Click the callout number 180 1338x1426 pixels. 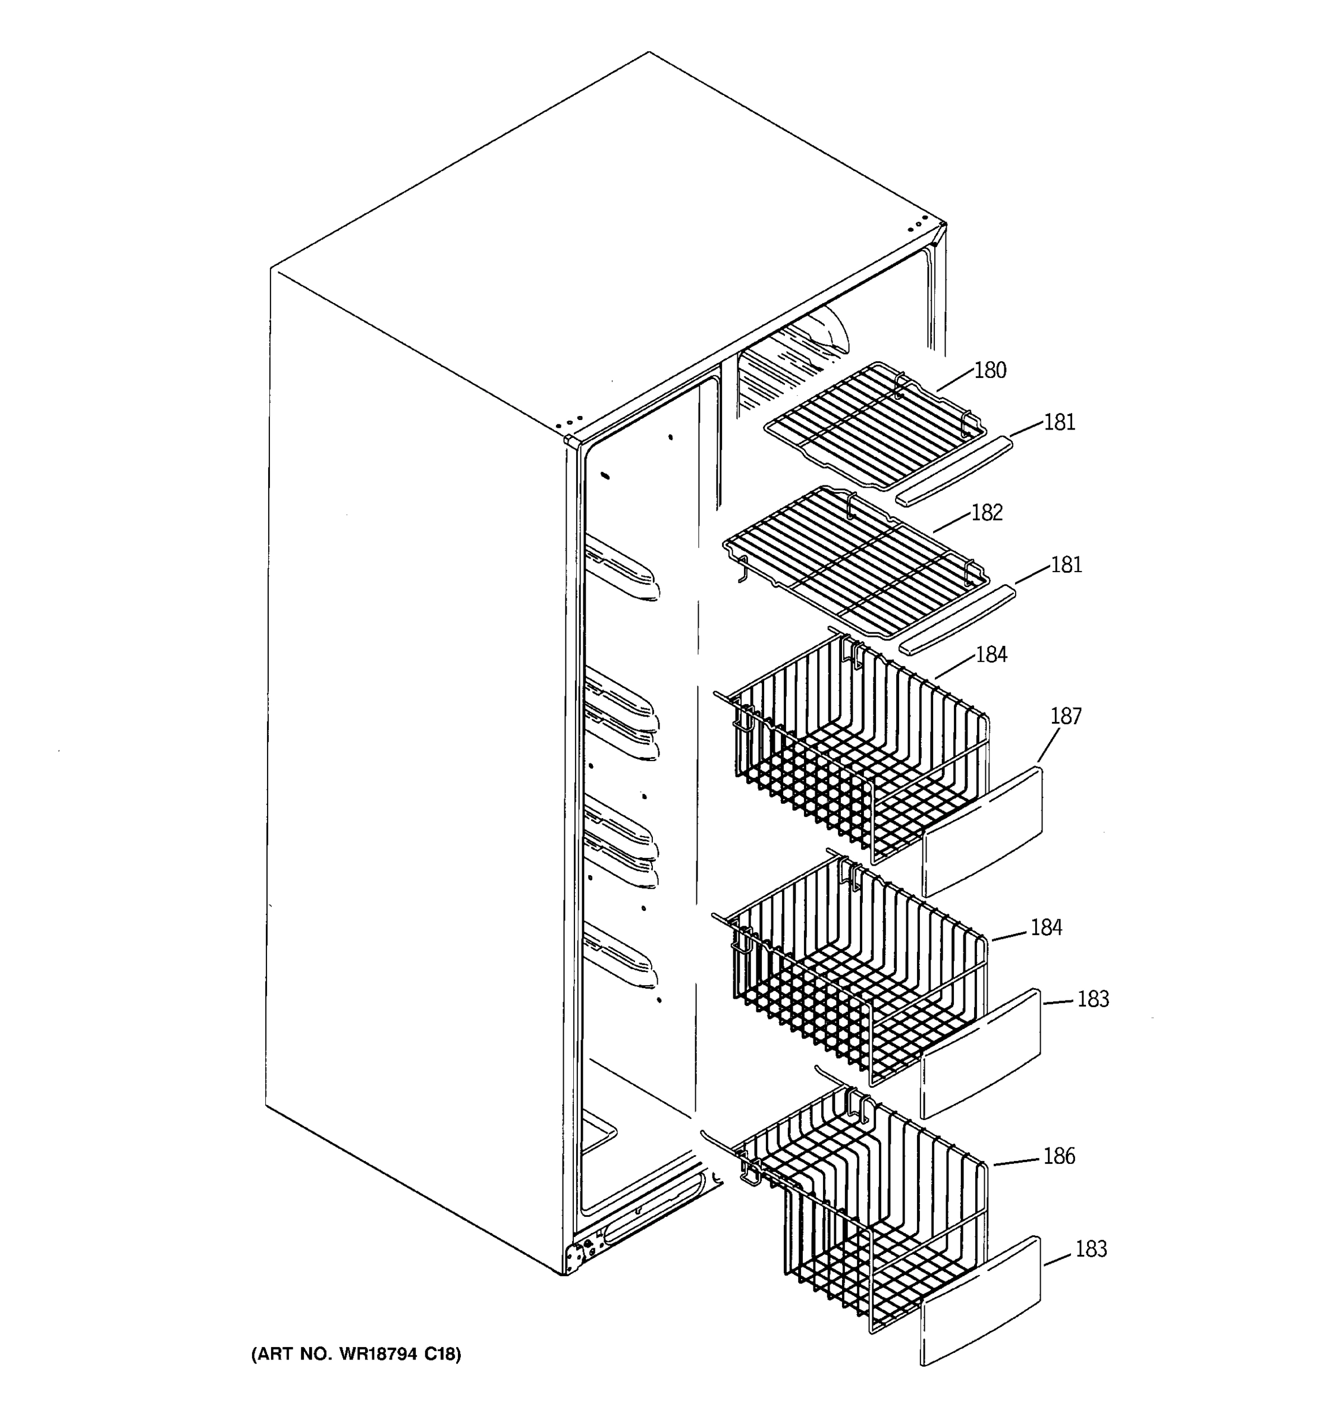click(990, 371)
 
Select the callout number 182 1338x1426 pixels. click(987, 513)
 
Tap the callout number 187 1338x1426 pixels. click(1065, 717)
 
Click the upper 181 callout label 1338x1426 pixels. click(1060, 422)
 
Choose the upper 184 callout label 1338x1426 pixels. click(991, 654)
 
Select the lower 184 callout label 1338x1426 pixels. click(1046, 927)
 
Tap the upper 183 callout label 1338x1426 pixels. click(1092, 999)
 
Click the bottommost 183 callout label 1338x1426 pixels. click(1091, 1249)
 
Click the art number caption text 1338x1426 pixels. click(356, 1354)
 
